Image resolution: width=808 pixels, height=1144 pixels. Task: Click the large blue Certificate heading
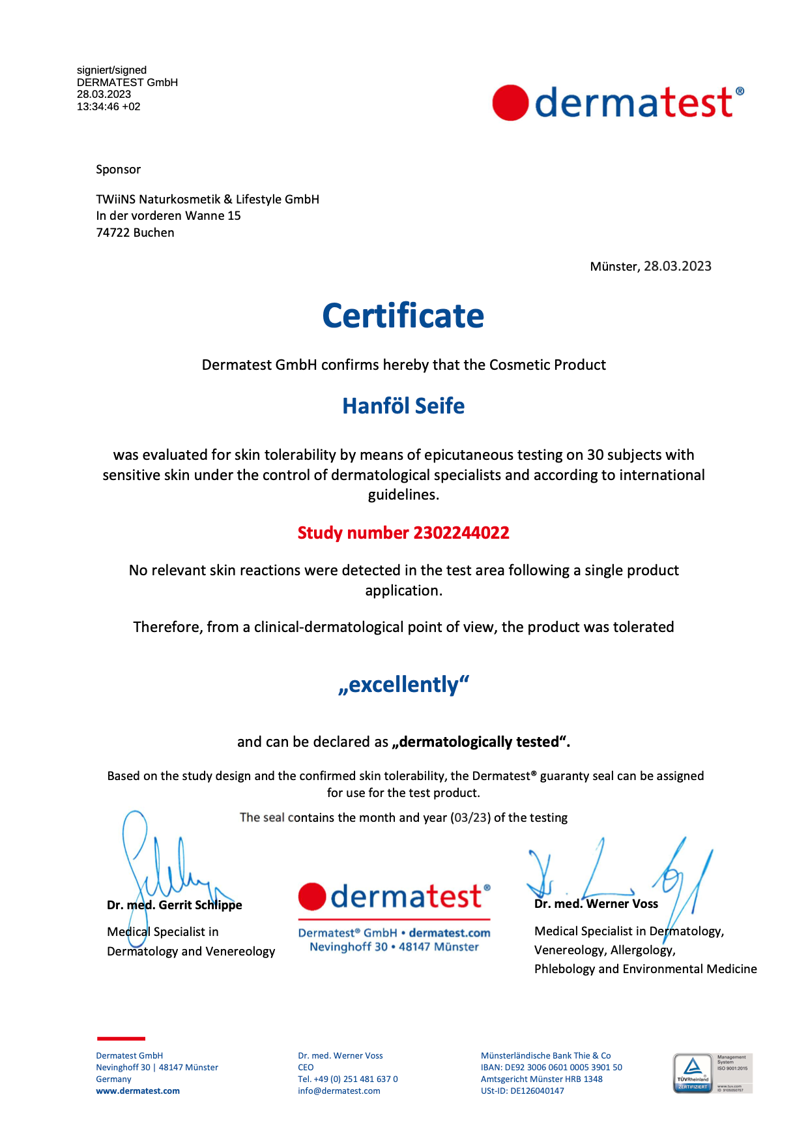coord(403,316)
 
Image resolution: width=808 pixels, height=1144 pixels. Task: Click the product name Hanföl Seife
coord(403,406)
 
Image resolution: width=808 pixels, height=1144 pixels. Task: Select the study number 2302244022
coord(461,533)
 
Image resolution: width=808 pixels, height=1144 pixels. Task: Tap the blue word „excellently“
coord(403,685)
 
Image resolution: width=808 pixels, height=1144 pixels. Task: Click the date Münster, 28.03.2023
coord(650,266)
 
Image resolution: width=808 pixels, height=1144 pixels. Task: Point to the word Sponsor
coord(118,170)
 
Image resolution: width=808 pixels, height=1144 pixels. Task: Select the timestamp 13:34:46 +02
coord(109,106)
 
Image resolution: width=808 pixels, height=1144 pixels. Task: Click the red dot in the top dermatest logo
coord(510,103)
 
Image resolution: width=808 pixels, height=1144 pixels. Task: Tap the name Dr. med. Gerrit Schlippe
coord(175,905)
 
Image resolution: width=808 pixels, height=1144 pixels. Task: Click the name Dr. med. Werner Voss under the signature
coord(596,904)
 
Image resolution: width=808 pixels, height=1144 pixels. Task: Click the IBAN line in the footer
coord(551,1068)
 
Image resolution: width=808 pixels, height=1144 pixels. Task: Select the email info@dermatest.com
coord(339,1091)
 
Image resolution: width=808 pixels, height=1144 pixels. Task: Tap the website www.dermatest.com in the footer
coord(137,1091)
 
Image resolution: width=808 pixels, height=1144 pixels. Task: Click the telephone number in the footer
coord(348,1079)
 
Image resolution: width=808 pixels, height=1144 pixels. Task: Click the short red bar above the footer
coord(121,1038)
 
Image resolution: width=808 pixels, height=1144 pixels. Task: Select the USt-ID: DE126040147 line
coord(523,1091)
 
